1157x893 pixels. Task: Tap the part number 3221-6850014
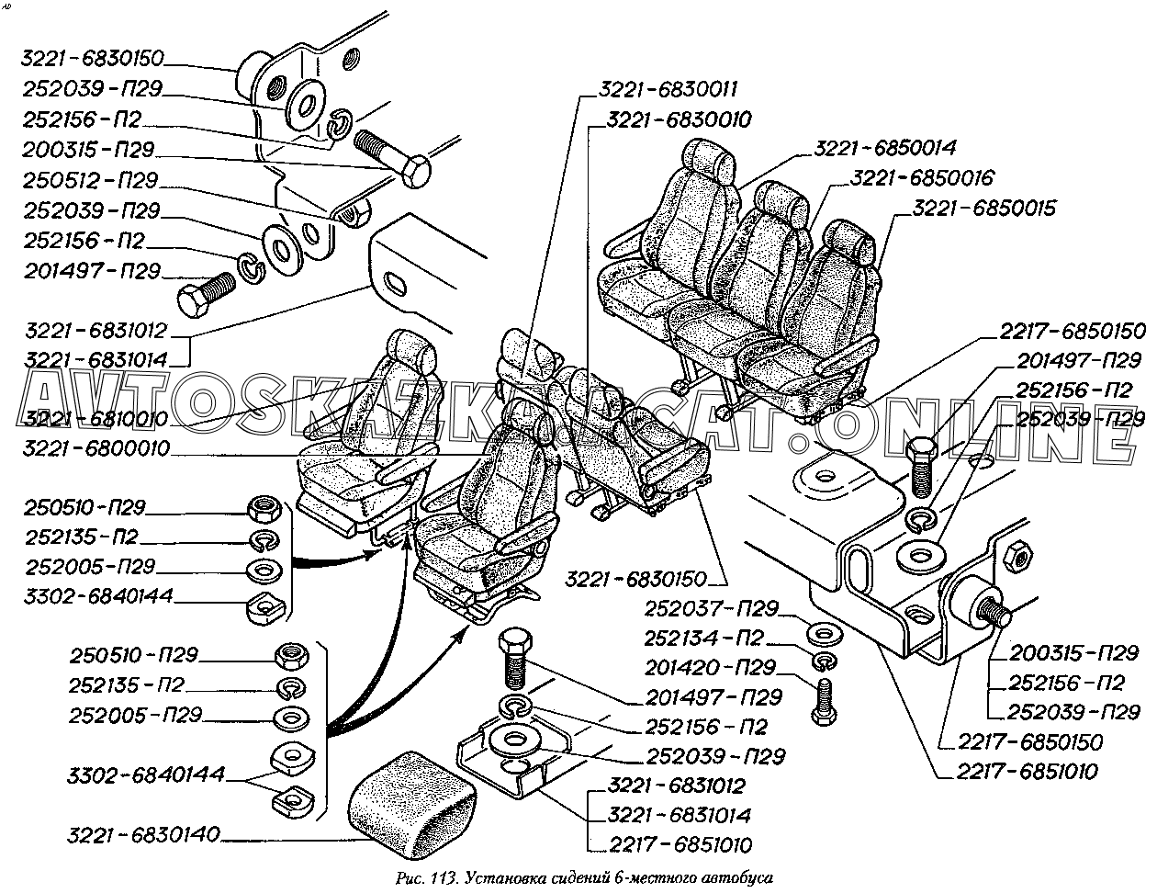point(884,147)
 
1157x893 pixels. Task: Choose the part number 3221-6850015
point(983,209)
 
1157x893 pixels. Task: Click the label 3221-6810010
point(96,419)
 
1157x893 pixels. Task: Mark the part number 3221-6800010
point(96,449)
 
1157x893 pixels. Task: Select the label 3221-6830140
point(143,835)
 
